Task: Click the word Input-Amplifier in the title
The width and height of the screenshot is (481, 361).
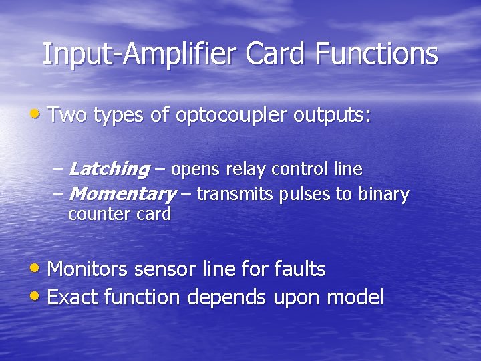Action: pos(141,54)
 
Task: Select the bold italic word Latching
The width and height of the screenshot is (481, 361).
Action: pos(109,170)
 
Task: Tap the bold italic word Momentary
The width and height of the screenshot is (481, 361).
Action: pos(122,195)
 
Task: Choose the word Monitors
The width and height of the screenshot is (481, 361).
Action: pos(89,269)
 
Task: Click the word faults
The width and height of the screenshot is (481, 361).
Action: pos(300,269)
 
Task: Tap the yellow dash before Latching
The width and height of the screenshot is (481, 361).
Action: pos(58,170)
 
